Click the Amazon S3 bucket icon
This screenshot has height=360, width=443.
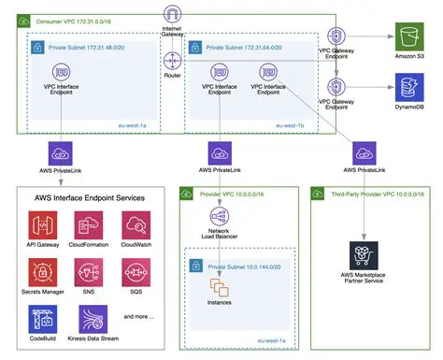(x=409, y=38)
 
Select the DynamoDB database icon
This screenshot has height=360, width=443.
(x=409, y=90)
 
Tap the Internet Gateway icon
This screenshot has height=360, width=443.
(x=171, y=14)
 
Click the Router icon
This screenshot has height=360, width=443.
(x=171, y=61)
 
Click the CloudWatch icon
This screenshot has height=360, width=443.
(x=136, y=225)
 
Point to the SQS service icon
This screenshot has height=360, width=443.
(x=136, y=272)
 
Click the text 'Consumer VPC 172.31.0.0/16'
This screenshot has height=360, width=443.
(x=74, y=19)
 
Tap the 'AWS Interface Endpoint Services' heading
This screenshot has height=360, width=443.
(x=91, y=198)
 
